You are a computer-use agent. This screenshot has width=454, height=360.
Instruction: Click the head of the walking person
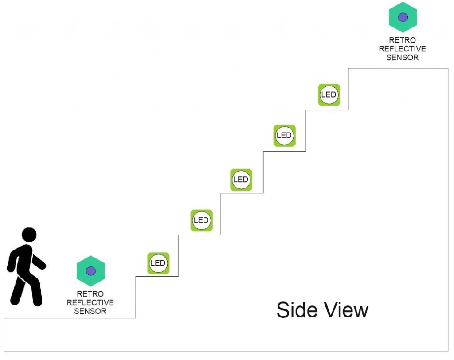pos(29,235)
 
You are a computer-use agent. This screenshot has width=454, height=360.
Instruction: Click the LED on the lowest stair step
pos(158,263)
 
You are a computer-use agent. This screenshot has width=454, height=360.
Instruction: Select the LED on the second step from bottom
pos(202,220)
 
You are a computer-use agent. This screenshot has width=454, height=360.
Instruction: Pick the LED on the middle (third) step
pos(241,180)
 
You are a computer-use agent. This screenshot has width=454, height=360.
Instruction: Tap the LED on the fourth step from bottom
pos(284,135)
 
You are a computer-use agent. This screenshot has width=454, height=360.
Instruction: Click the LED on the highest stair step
pos(329,95)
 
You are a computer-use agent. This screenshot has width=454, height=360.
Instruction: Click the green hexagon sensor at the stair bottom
pos(91,270)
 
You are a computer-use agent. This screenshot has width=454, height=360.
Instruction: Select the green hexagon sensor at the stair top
pos(403,17)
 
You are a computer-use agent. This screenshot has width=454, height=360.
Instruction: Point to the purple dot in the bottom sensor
pos(91,270)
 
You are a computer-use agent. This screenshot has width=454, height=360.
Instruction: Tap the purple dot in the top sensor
pos(403,17)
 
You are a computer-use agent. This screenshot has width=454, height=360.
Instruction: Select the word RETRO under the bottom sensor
pos(90,294)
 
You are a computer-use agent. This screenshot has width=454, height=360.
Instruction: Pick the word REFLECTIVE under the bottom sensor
pos(90,302)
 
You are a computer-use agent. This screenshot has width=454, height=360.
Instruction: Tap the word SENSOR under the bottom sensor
pos(90,311)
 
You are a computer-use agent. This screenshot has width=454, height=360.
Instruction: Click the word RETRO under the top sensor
pos(403,40)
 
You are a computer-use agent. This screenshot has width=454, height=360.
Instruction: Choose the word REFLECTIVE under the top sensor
pos(403,49)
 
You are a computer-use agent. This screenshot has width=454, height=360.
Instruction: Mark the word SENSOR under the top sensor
pos(403,57)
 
